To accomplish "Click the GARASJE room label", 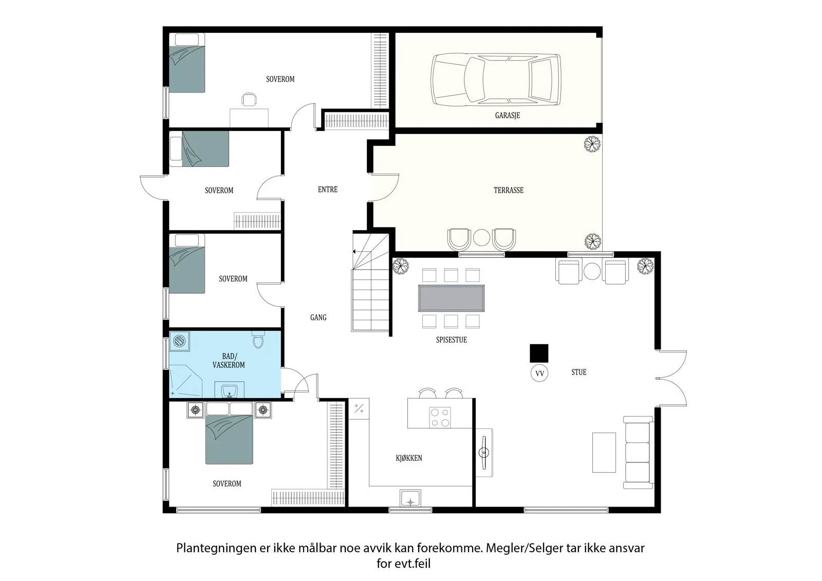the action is pos(507,115).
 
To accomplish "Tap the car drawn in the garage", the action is pos(496,80).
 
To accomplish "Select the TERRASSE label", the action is pos(508,190).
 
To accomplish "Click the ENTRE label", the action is pos(327,190).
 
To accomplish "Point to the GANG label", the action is pos(318,317).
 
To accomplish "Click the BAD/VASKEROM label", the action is pos(229,361).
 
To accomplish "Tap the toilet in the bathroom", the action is pos(258,339).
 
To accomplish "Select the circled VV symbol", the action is pos(539,373).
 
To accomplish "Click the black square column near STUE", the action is pos(539,353).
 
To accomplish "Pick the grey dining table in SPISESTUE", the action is pos(451,298).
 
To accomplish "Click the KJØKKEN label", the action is pos(409,458).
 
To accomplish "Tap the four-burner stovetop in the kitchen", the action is pos(440,418).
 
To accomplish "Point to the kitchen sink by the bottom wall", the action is pos(410,498).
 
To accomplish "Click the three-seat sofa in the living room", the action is pos(639,453).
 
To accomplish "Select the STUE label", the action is pos(578,372).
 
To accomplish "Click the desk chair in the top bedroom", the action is pos(249,99).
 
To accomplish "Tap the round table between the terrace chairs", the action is pos(481,237).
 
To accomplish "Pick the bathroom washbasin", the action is pos(230,390).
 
